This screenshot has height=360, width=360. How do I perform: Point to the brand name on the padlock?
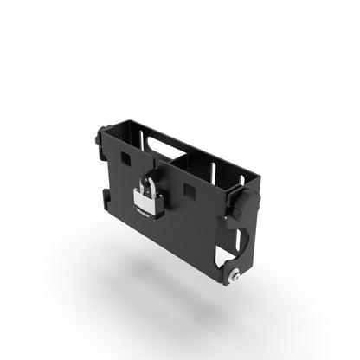[x=143, y=209]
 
